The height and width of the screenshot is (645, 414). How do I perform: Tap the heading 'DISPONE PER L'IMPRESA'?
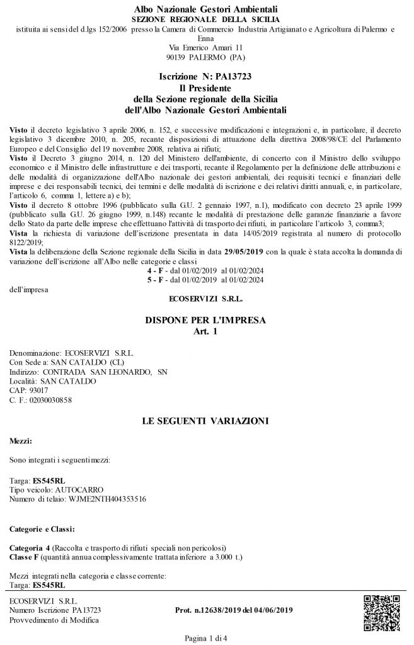pos(206,320)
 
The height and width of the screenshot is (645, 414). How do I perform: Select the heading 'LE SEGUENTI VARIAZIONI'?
pos(206,419)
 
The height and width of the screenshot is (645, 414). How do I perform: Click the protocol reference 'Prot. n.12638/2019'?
pos(202,610)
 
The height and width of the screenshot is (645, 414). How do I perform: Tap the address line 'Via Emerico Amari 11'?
pos(206,47)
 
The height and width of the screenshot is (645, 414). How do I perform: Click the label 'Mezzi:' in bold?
pos(21,443)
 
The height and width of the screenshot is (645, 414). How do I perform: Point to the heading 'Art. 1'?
pos(206,331)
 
